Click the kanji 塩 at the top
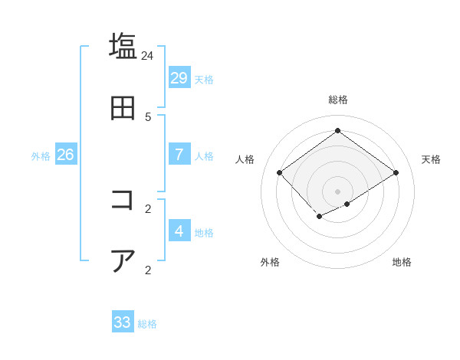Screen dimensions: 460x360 pyautogui.click(x=123, y=45)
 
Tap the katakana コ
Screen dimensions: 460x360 pyautogui.click(x=123, y=200)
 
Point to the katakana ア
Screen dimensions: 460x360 pyautogui.click(x=123, y=261)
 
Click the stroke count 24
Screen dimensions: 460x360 pyautogui.click(x=148, y=55)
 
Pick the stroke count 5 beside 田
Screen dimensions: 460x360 pyautogui.click(x=148, y=116)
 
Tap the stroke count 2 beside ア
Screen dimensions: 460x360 pyautogui.click(x=148, y=270)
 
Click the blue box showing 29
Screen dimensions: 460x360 pyautogui.click(x=179, y=77)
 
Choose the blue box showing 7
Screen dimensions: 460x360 pyautogui.click(x=179, y=154)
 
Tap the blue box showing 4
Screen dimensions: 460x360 pyautogui.click(x=179, y=231)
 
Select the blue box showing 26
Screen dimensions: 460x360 pyautogui.click(x=65, y=154)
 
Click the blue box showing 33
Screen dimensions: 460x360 pyautogui.click(x=123, y=322)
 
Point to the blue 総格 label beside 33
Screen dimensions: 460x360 pyautogui.click(x=147, y=324)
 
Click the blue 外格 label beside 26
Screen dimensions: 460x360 pyautogui.click(x=41, y=156)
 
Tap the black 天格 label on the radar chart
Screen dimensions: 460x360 pyautogui.click(x=431, y=159)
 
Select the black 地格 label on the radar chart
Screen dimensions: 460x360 pyautogui.click(x=402, y=262)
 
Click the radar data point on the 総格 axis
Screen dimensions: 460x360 pyautogui.click(x=337, y=130)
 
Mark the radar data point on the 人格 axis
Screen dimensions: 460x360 pyautogui.click(x=280, y=172)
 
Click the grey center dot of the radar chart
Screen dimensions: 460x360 pyautogui.click(x=337, y=191)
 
